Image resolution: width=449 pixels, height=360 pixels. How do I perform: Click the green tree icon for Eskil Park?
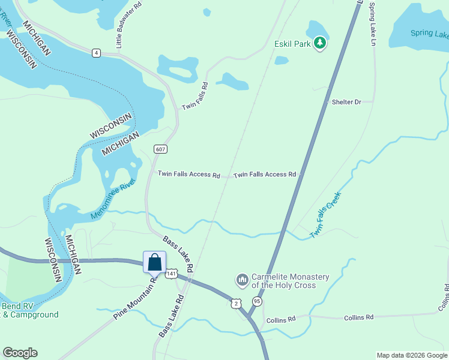click(x=320, y=43)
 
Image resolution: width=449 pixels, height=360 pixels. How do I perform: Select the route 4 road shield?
click(x=96, y=53)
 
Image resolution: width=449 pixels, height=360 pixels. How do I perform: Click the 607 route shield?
click(x=160, y=149)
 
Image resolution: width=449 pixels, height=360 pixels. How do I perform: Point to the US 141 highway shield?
click(x=172, y=273)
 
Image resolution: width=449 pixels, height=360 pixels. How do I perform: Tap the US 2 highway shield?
click(x=237, y=303)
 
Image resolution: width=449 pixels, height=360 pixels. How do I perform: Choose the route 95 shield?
click(x=257, y=301)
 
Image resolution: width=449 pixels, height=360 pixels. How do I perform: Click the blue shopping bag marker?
click(x=154, y=262)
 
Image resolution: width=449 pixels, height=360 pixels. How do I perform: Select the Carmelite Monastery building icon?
click(x=243, y=280)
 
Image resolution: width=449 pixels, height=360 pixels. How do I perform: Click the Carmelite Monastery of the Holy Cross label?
click(x=291, y=281)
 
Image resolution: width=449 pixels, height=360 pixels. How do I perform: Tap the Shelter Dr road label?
click(x=346, y=102)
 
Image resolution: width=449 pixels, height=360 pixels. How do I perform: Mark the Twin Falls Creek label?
click(x=325, y=214)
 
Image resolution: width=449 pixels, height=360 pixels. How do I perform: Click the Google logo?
click(x=20, y=353)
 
